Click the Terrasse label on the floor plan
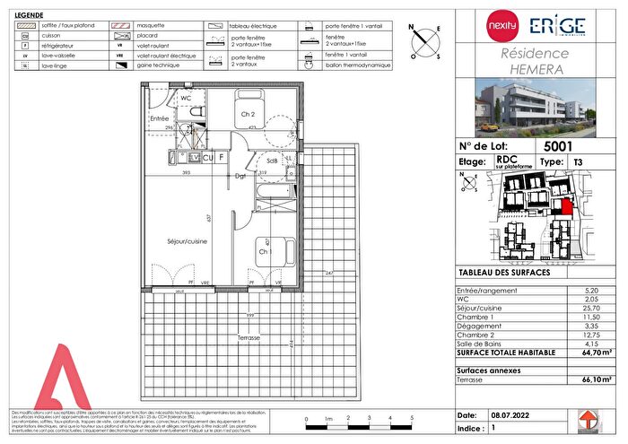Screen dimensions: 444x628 pyautogui.click(x=249, y=337)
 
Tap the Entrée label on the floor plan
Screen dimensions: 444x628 pyautogui.click(x=160, y=118)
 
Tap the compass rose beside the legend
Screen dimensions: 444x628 pyautogui.click(x=425, y=39)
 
